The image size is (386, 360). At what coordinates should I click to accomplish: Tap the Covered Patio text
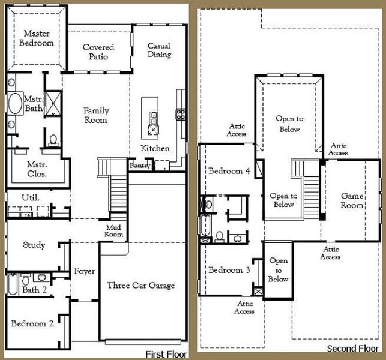[x=98, y=52]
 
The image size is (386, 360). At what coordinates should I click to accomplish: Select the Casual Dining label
[x=159, y=50]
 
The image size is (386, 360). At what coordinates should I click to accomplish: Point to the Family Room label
[x=96, y=115]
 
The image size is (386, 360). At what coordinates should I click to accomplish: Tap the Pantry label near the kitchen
[x=139, y=164]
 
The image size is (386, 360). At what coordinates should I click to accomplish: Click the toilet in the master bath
[x=53, y=140]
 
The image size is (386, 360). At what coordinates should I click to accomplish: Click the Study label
[x=34, y=245]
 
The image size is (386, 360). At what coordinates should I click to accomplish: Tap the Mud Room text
[x=114, y=231]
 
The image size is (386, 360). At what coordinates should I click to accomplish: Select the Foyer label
[x=84, y=272]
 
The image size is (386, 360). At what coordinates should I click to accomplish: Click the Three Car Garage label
[x=141, y=286]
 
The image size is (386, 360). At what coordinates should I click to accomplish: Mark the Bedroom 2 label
[x=32, y=323]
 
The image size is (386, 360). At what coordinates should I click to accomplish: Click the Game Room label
[x=352, y=200]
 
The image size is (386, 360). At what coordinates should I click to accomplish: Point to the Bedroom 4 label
[x=229, y=171]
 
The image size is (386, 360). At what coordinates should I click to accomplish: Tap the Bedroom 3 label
[x=229, y=270]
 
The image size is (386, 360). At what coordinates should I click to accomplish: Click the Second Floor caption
[x=352, y=349]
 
